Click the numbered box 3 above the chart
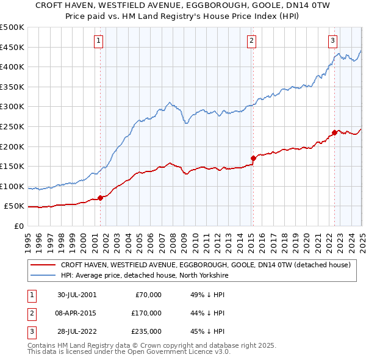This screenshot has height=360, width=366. tap(333, 41)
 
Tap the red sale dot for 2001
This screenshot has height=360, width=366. tap(100, 198)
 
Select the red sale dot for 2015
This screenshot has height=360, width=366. tap(253, 158)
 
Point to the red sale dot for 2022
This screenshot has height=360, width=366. tap(334, 132)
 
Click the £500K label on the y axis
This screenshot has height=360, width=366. tap(12, 27)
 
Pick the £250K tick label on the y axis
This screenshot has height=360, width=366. tap(12, 126)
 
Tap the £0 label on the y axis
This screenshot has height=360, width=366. tap(19, 226)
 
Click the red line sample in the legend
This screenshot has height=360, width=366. tap(43, 265)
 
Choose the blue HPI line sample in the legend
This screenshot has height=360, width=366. tap(43, 275)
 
